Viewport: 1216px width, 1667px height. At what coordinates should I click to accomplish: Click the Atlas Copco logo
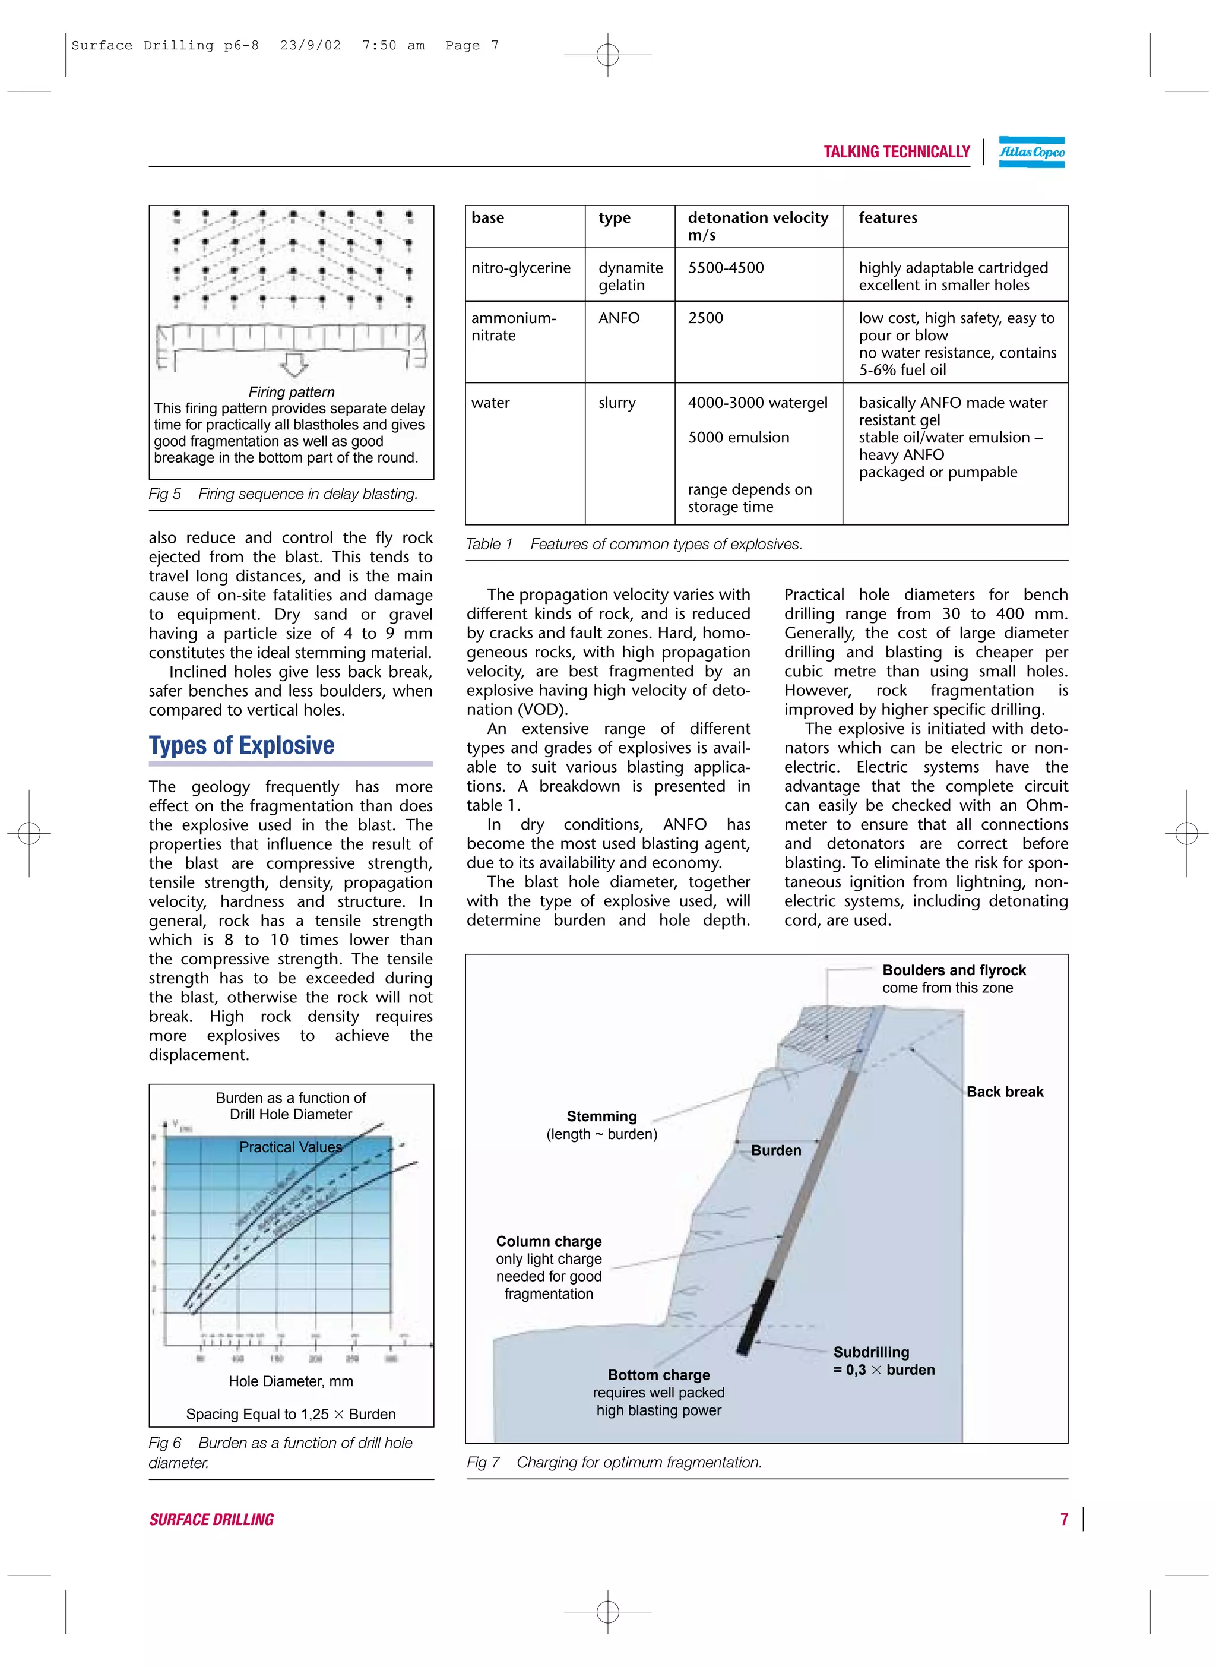tap(1031, 151)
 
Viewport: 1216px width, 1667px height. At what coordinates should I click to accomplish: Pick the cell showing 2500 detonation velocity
tap(705, 318)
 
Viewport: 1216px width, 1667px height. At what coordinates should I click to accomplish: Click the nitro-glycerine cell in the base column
tap(520, 268)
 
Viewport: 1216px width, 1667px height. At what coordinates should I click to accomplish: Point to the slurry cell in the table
tap(616, 403)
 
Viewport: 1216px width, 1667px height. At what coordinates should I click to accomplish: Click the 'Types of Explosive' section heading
tap(242, 745)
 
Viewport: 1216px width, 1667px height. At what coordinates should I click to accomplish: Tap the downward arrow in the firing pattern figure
tap(294, 363)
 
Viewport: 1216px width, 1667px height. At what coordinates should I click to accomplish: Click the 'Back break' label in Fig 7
tap(1004, 1092)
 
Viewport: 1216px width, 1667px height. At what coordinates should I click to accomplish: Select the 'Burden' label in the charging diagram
tap(776, 1150)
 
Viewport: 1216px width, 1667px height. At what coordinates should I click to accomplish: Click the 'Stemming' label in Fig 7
tap(601, 1116)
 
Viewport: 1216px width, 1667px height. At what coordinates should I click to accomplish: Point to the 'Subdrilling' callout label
tap(871, 1352)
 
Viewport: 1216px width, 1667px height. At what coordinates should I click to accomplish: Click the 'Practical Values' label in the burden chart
tap(291, 1147)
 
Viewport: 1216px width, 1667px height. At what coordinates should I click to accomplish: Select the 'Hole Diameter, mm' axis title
tap(291, 1381)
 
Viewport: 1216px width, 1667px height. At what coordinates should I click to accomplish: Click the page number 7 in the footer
tap(1063, 1519)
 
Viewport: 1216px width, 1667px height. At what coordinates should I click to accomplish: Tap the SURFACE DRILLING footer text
tap(211, 1520)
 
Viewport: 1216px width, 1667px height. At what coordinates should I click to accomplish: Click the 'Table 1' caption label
tap(489, 544)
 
